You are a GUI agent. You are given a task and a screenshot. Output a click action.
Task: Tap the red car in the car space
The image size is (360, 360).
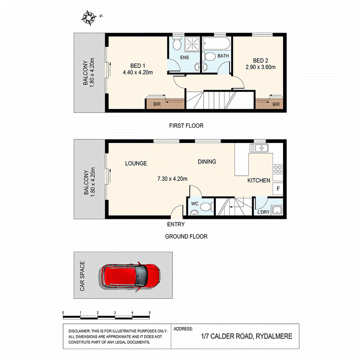pyautogui.click(x=131, y=276)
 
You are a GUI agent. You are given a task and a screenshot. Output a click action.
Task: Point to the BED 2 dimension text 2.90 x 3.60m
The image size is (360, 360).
pyautogui.click(x=260, y=67)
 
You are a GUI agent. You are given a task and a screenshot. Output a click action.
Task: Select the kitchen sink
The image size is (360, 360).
pyautogui.click(x=260, y=148)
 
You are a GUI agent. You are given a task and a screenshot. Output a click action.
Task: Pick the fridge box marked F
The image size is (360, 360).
pyautogui.click(x=278, y=188)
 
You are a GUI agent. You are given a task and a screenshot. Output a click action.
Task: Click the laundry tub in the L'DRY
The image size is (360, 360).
pyautogui.click(x=277, y=210)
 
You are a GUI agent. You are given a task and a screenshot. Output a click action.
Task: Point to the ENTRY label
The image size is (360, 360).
pyautogui.click(x=176, y=224)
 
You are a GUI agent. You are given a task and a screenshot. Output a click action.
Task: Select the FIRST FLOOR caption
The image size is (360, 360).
pyautogui.click(x=186, y=126)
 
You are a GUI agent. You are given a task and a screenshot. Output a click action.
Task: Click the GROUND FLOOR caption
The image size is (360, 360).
pyautogui.click(x=186, y=236)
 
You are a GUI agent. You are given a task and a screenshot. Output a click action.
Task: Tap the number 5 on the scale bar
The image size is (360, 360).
pyautogui.click(x=150, y=312)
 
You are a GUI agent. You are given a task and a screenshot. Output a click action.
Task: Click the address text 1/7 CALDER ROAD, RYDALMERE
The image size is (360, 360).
pyautogui.click(x=246, y=336)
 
